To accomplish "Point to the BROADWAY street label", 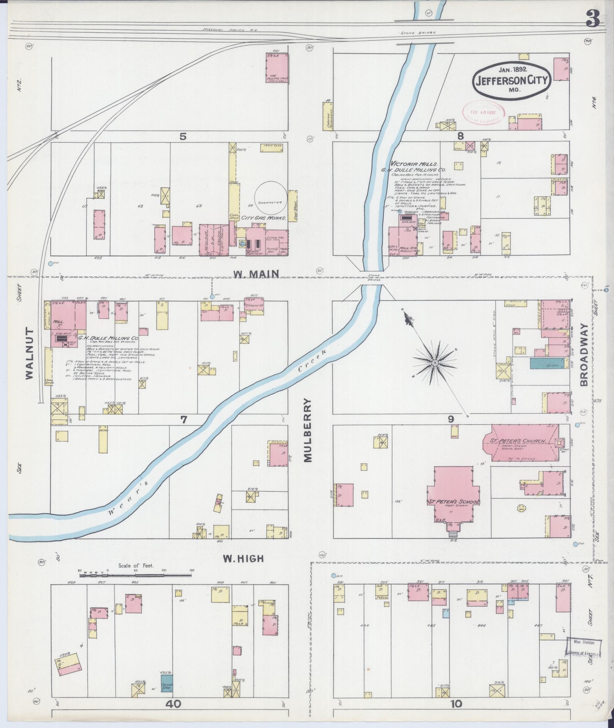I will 584,355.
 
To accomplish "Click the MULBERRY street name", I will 308,430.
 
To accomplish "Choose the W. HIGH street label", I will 243,558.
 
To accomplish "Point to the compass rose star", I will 434,363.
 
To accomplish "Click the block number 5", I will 183,136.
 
